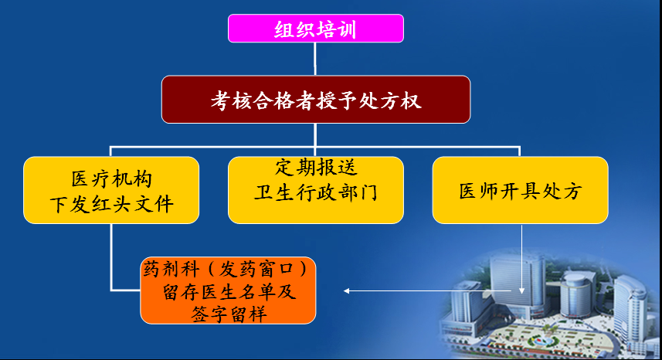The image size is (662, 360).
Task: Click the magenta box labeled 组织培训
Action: [x=316, y=29]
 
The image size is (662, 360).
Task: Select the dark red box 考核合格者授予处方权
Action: [x=316, y=100]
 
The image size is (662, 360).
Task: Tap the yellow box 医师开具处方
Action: [x=520, y=190]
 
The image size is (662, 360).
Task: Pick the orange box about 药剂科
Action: [x=228, y=290]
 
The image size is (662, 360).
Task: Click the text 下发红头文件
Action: [x=112, y=205]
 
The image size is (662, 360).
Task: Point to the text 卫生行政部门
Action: [x=316, y=193]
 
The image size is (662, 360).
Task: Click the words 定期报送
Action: [x=316, y=167]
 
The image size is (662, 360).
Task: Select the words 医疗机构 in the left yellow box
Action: [x=111, y=179]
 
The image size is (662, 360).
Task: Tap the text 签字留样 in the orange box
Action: [x=229, y=314]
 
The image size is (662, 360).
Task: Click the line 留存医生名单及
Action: [x=229, y=291]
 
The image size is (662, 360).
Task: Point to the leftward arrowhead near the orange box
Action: [x=346, y=290]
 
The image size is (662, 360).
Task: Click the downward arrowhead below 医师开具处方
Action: [x=522, y=290]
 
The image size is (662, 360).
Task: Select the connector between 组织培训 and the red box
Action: [x=315, y=59]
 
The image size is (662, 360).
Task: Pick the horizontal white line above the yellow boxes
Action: [x=315, y=148]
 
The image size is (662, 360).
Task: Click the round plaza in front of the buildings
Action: [x=545, y=340]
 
